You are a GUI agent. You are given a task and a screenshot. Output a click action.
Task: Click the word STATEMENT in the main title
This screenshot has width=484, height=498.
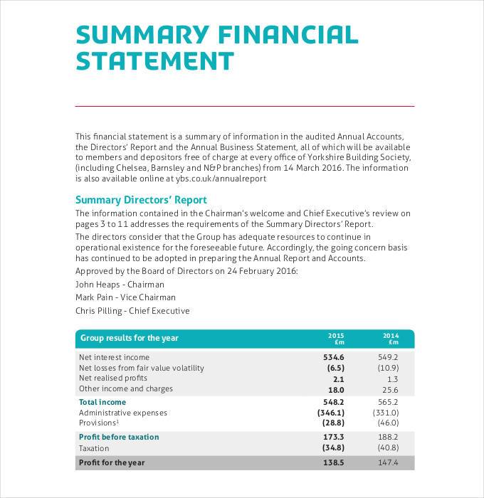(154, 61)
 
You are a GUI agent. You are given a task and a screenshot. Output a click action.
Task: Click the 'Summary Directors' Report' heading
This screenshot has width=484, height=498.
(141, 200)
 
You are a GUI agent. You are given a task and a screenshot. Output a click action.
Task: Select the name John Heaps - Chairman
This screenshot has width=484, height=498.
(120, 284)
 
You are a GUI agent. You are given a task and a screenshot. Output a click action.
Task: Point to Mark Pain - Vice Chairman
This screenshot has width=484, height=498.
(125, 297)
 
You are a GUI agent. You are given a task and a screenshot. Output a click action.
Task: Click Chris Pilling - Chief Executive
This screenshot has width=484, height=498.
(132, 311)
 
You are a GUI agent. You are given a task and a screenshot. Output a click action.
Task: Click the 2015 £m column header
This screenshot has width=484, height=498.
(336, 339)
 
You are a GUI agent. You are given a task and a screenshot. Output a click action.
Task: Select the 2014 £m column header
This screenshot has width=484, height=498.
(391, 339)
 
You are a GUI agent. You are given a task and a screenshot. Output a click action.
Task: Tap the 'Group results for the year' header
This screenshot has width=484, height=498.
(129, 339)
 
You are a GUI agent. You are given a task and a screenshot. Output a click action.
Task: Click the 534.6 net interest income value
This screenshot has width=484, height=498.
(333, 357)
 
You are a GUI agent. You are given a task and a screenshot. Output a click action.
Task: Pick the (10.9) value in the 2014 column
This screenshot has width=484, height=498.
(388, 368)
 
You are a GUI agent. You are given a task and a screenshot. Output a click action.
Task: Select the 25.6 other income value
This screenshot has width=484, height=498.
(389, 390)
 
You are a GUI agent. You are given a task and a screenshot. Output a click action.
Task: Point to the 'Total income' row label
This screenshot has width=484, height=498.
(102, 402)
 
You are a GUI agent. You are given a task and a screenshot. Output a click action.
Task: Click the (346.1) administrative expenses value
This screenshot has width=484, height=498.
(330, 413)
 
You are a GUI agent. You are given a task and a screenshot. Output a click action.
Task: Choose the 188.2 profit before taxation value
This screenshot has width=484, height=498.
(388, 437)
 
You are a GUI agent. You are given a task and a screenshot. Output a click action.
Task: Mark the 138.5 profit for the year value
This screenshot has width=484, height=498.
(333, 462)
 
